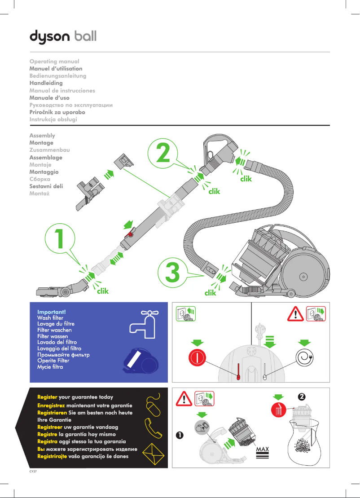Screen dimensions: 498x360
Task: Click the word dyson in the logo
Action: (x=49, y=36)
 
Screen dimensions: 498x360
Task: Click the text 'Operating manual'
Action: (x=54, y=61)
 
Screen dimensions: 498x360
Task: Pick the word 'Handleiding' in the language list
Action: (x=46, y=83)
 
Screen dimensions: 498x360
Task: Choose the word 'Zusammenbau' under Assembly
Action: (x=49, y=150)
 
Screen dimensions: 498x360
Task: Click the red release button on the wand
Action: (x=131, y=234)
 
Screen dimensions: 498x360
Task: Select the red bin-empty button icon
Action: (x=279, y=409)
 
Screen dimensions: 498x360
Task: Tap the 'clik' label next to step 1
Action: (x=103, y=291)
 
